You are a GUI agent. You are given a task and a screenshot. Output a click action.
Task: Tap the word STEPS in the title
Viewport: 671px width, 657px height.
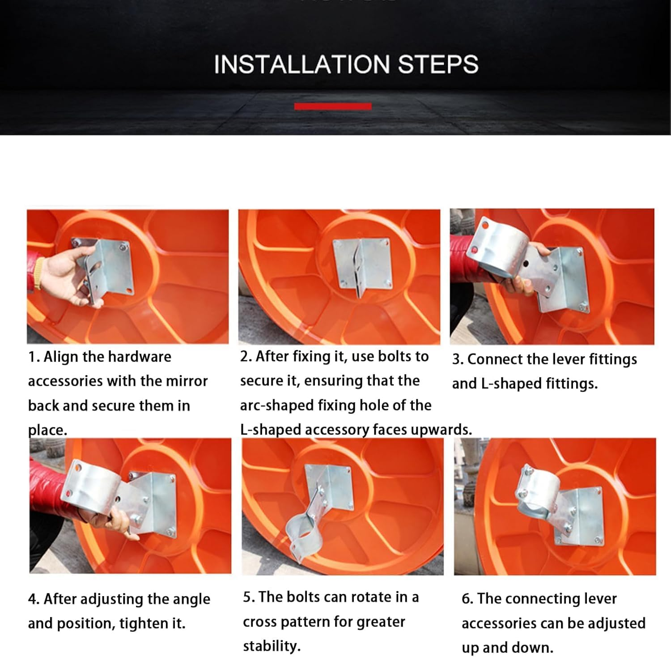[x=438, y=64]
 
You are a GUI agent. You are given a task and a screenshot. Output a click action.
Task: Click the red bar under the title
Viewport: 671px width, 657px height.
[x=333, y=106]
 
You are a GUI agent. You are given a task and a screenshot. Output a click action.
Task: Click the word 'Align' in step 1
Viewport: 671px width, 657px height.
[x=61, y=357]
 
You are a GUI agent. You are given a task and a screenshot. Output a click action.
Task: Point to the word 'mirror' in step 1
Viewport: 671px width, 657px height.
[x=187, y=381]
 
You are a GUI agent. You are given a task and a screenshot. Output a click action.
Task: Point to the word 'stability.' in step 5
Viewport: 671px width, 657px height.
[x=272, y=646]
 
